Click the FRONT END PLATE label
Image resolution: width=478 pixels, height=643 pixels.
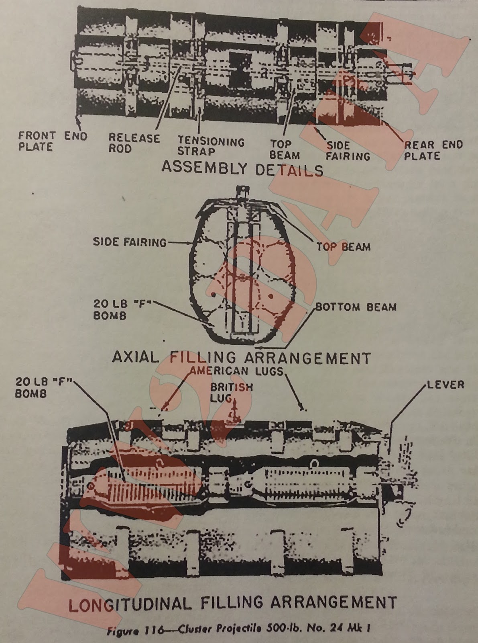coord(53,141)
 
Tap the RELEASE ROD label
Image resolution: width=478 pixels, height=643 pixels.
coord(134,143)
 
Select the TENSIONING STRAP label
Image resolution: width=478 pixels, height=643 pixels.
coord(211,146)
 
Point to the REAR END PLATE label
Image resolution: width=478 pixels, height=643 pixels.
coord(433,150)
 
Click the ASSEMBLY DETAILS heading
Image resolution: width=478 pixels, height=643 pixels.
coord(242,169)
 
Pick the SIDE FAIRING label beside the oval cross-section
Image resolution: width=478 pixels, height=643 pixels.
coord(130,242)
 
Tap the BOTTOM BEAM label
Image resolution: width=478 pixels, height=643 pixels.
coord(356,307)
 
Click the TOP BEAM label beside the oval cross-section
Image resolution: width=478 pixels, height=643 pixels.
coord(344,246)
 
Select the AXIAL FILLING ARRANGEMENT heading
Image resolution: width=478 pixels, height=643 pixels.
coord(241,357)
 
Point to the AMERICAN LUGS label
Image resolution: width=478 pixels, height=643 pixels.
coord(237,371)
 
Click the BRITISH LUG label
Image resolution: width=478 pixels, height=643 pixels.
coord(232,392)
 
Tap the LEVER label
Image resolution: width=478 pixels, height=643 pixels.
coord(445,385)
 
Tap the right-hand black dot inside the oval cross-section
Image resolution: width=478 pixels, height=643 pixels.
coord(271,296)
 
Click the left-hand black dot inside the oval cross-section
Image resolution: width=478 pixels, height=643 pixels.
coord(213,295)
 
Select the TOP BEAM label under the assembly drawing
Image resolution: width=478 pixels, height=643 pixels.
coord(285,149)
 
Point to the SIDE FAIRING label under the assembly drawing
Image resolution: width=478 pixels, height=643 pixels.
coord(348,151)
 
